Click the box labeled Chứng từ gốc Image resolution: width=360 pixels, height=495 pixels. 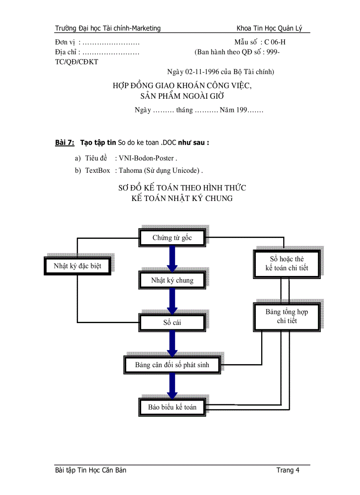click(172, 238)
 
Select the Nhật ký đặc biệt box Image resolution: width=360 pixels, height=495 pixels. click(78, 266)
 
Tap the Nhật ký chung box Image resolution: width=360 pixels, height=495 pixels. click(172, 280)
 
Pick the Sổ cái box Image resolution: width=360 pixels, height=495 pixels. click(172, 322)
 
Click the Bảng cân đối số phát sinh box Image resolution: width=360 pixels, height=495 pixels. click(172, 365)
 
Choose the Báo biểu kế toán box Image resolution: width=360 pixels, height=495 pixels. click(172, 407)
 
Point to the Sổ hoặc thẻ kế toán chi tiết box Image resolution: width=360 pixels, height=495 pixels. click(287, 264)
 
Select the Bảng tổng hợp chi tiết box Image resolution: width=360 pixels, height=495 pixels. click(287, 316)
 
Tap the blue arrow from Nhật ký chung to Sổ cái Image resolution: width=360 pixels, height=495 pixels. click(172, 301)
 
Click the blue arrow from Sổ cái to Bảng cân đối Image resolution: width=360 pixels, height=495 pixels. click(172, 343)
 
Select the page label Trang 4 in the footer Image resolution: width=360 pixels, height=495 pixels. click(288, 470)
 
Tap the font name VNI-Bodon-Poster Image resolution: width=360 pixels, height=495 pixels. click(146, 158)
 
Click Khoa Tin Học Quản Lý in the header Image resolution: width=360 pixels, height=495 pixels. click(269, 29)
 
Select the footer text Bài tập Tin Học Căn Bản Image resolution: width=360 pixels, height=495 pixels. click(90, 470)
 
